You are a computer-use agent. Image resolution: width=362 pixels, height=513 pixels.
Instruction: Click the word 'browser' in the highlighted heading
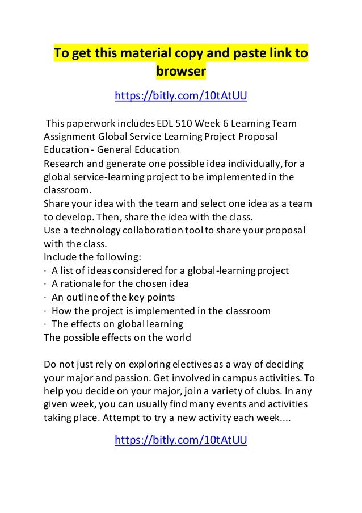click(x=180, y=72)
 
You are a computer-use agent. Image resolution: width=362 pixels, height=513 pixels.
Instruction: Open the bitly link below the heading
click(x=181, y=97)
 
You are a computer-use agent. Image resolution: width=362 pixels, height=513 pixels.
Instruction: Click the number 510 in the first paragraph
click(x=184, y=123)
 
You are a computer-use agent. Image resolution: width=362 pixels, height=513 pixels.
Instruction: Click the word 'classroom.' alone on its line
click(x=67, y=190)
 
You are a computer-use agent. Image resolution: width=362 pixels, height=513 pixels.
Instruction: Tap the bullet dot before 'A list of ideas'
click(x=45, y=270)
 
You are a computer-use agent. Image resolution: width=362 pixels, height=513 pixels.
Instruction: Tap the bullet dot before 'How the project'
click(x=45, y=311)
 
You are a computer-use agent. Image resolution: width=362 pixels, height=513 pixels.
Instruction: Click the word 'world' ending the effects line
click(x=178, y=337)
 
